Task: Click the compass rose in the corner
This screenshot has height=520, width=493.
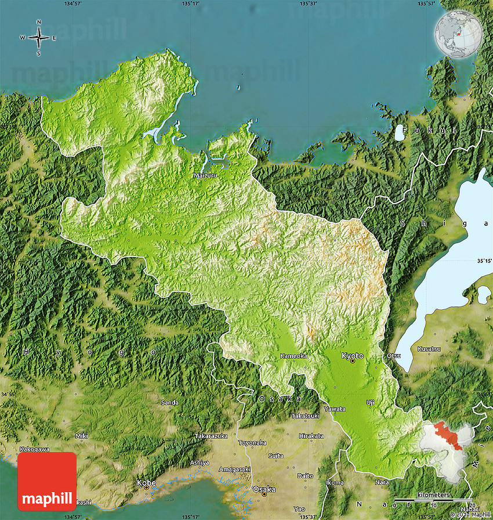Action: [39, 38]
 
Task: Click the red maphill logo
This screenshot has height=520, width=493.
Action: [47, 481]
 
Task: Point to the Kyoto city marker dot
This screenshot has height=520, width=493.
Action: [352, 361]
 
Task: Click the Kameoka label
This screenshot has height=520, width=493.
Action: [293, 356]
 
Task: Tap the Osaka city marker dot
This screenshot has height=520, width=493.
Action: [264, 494]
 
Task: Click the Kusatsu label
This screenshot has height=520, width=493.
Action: [429, 349]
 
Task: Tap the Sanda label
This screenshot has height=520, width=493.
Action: [170, 402]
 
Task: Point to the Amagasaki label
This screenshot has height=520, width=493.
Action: [235, 469]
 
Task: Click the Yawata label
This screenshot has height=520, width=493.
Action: [335, 409]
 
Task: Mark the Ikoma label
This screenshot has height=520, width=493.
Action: [335, 482]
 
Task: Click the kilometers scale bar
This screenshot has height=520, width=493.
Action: [433, 500]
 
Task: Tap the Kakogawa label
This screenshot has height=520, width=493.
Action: [34, 449]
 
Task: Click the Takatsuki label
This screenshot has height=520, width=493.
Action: [305, 416]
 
